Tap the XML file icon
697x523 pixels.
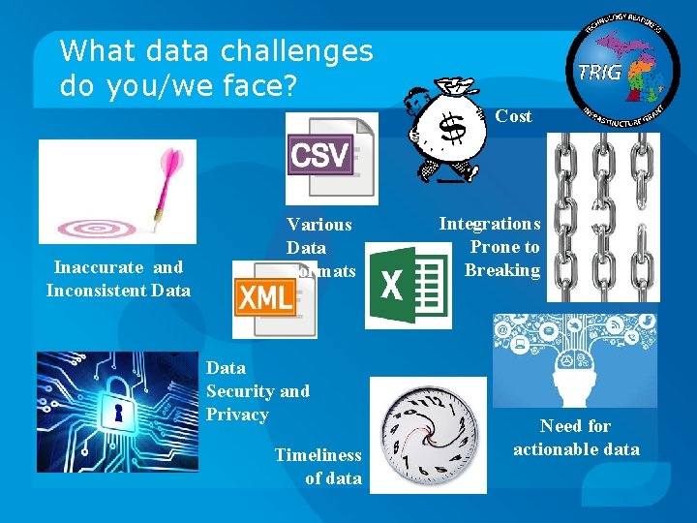point(274,298)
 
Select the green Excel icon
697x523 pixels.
point(408,287)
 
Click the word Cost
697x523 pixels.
point(513,116)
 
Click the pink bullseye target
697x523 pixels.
point(97,229)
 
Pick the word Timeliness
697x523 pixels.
point(318,455)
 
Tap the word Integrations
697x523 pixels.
point(489,224)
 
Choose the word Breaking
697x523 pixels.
point(501,270)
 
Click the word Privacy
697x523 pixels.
point(237,415)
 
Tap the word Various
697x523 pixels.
point(319,225)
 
